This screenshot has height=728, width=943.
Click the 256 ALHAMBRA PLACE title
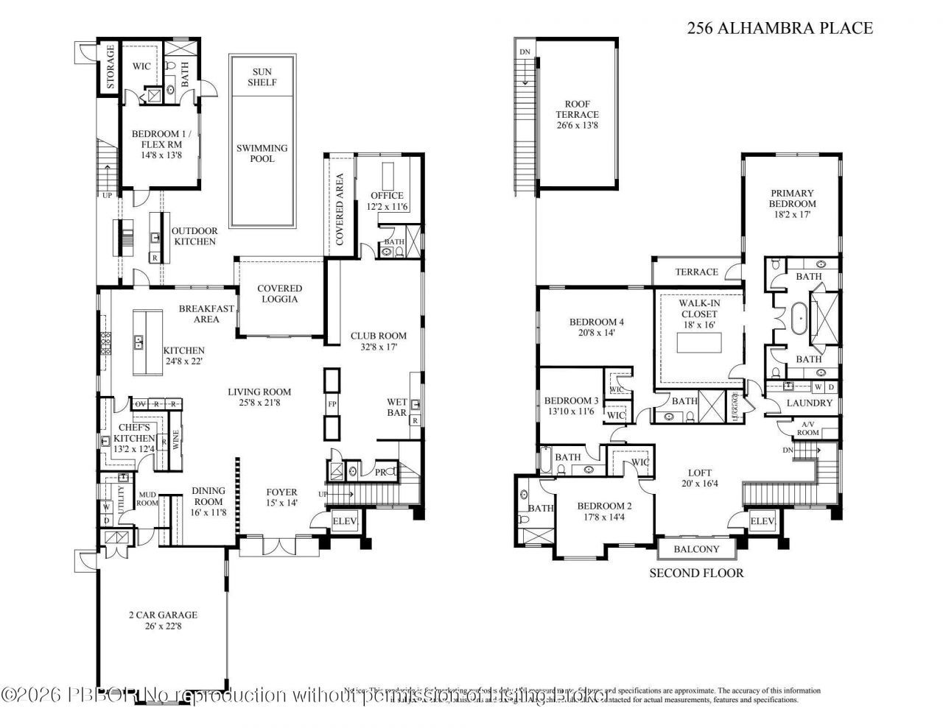[779, 29]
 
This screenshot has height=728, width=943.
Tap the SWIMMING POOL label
[262, 153]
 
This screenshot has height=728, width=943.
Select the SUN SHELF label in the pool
[262, 77]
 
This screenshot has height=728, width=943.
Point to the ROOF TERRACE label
[577, 115]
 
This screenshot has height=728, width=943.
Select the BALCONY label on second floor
[697, 550]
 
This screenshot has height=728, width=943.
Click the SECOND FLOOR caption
[696, 573]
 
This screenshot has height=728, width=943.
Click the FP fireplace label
[332, 405]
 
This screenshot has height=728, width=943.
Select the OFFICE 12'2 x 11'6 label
[387, 201]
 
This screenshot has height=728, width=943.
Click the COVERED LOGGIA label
[280, 294]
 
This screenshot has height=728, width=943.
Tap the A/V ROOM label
[808, 429]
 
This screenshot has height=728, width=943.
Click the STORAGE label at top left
[111, 68]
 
